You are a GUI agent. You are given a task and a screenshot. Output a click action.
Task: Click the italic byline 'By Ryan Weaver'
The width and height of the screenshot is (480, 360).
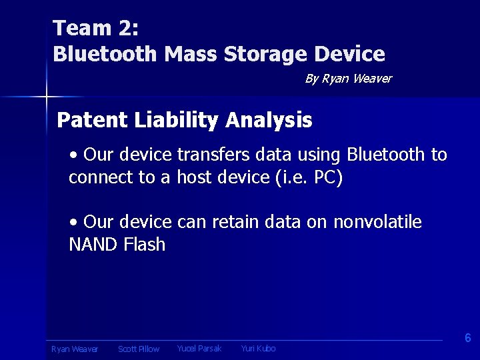348,79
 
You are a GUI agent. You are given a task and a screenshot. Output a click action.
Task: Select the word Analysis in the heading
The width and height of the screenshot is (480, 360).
269,120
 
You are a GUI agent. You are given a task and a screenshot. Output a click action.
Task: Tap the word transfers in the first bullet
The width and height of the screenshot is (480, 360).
217,155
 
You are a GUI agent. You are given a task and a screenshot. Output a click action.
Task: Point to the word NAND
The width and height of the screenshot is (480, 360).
93,245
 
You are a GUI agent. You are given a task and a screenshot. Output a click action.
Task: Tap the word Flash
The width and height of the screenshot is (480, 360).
144,245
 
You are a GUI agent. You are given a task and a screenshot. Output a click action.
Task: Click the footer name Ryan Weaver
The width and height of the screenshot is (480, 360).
75,349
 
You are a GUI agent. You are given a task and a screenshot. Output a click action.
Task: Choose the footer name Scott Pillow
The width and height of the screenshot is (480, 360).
139,349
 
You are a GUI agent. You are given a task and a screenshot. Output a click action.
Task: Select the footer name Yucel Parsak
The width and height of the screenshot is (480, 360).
199,349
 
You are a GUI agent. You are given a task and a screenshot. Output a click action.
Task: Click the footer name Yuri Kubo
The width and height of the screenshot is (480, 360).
258,349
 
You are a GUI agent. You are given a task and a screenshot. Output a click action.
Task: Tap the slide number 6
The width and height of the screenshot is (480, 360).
468,338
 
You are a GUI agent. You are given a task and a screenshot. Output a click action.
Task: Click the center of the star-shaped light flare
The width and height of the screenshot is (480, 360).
46,97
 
